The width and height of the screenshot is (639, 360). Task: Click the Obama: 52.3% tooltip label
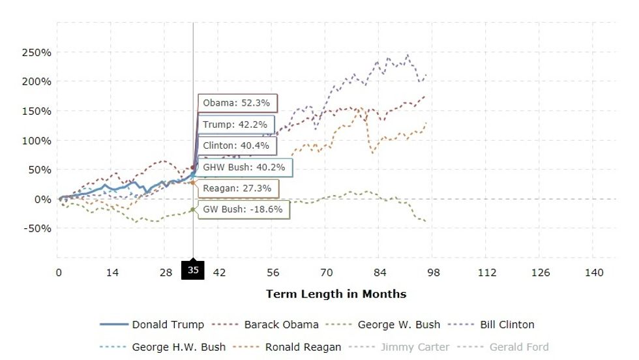point(238,103)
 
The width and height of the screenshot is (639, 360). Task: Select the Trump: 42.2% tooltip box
point(236,125)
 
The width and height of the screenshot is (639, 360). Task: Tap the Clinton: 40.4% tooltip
point(236,145)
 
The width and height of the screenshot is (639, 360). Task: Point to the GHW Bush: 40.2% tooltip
point(245,167)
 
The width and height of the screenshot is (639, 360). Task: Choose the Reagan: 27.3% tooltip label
point(237,188)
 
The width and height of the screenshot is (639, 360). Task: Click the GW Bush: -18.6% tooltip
point(243,209)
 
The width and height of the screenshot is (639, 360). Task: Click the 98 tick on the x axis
point(434,273)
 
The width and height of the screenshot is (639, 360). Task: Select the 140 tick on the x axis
point(594,273)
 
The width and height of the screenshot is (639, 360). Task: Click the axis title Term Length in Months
point(336,294)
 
